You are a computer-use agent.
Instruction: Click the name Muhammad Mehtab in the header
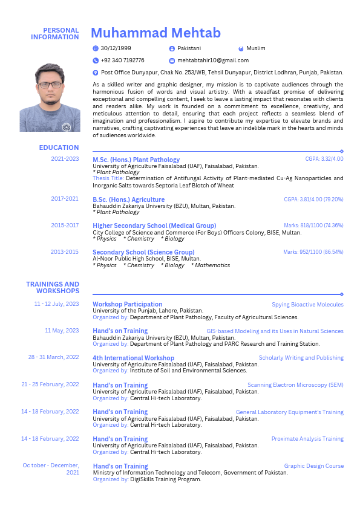pyautogui.click(x=155, y=33)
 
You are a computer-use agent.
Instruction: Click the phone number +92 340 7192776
pyautogui.click(x=122, y=60)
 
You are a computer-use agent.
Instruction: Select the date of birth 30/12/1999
pyautogui.click(x=116, y=48)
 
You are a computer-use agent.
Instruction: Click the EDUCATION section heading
pyautogui.click(x=59, y=148)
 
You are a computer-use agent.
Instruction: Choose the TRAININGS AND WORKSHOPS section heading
pyautogui.click(x=53, y=288)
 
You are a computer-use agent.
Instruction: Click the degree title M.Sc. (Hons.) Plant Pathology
pyautogui.click(x=136, y=160)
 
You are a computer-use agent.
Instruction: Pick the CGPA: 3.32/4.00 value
pyautogui.click(x=324, y=159)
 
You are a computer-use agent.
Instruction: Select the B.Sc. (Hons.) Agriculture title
pyautogui.click(x=128, y=199)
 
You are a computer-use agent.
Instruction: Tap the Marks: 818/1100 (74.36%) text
pyautogui.click(x=313, y=225)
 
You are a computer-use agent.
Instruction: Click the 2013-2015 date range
pyautogui.click(x=65, y=252)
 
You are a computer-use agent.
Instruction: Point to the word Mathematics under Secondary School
pyautogui.click(x=212, y=265)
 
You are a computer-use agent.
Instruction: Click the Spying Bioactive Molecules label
pyautogui.click(x=307, y=305)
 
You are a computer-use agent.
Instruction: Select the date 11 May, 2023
pyautogui.click(x=62, y=331)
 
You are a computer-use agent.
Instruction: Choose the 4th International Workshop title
pyautogui.click(x=133, y=358)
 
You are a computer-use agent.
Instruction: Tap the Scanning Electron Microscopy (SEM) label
pyautogui.click(x=295, y=385)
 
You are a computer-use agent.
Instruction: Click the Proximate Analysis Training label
pyautogui.click(x=307, y=439)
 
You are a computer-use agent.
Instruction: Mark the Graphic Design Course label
pyautogui.click(x=313, y=466)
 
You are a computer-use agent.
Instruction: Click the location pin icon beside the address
pyautogui.click(x=96, y=73)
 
